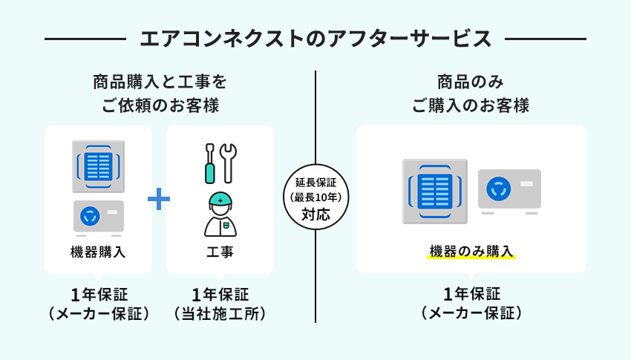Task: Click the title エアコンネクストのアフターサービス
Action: [x=315, y=39]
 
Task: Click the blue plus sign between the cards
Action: [x=159, y=199]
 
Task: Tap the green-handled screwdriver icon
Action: [x=209, y=163]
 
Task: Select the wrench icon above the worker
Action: [x=229, y=163]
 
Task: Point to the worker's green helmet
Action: [x=220, y=200]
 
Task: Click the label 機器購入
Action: [x=98, y=252]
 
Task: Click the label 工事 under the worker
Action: [x=220, y=252]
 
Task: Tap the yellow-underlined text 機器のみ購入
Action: [x=471, y=252]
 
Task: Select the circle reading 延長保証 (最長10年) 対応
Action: [x=315, y=197]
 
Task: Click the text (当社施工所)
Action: [x=220, y=314]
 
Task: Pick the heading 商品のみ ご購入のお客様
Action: [x=471, y=94]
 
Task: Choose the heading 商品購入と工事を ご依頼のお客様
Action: [x=160, y=94]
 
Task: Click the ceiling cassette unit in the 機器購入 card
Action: [x=98, y=166]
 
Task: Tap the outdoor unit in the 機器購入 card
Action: [x=99, y=217]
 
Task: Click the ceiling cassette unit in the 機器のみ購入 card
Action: [x=435, y=192]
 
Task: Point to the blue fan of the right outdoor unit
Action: [x=499, y=189]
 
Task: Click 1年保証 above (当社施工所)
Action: [x=220, y=295]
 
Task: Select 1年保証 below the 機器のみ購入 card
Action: [x=471, y=294]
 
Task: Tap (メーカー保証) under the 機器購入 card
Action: [x=99, y=314]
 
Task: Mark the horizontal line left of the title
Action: [x=85, y=39]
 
